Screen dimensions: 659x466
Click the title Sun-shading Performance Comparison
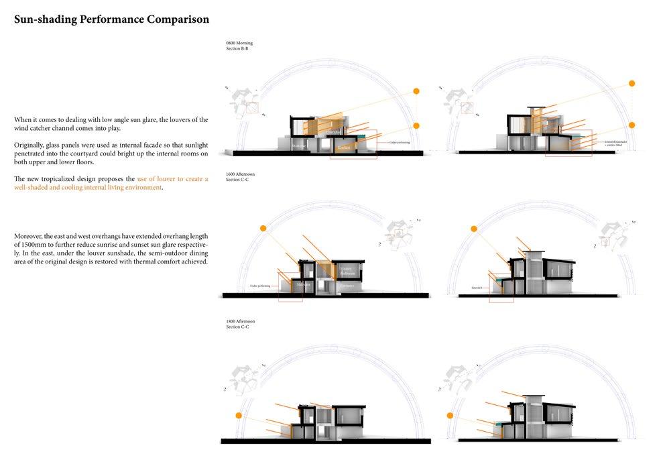(x=111, y=19)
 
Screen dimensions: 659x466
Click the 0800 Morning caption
(x=239, y=44)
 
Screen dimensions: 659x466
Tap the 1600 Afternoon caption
(x=240, y=174)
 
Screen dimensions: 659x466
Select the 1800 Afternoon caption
(x=240, y=321)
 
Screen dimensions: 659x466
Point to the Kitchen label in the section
(x=344, y=146)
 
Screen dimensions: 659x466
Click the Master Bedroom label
(x=346, y=270)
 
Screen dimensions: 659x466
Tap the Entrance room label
(x=347, y=286)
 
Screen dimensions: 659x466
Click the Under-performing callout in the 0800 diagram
(x=400, y=142)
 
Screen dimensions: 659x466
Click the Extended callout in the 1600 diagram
(x=477, y=288)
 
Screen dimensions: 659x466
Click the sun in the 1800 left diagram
(x=238, y=416)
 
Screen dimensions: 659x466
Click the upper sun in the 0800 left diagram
(x=416, y=91)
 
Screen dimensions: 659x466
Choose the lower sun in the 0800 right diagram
(x=632, y=125)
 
